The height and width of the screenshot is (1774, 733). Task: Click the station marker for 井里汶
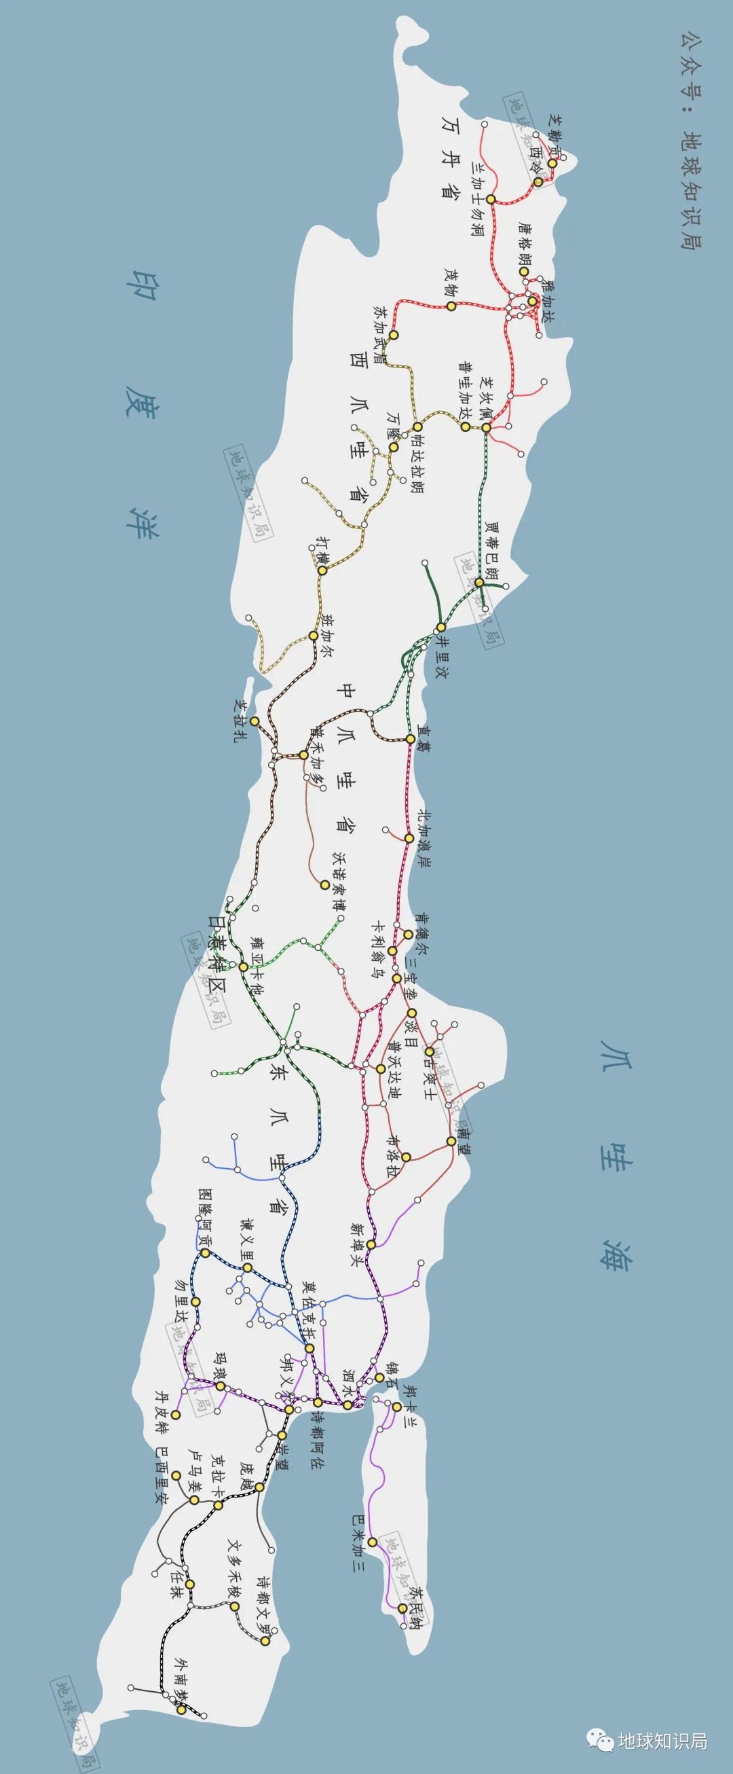point(440,628)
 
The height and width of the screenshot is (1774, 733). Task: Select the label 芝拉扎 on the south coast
point(239,721)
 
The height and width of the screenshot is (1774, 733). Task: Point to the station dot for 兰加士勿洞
point(491,199)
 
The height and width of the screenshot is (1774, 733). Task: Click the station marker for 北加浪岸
point(408,838)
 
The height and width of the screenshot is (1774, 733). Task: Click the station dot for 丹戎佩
point(487,428)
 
